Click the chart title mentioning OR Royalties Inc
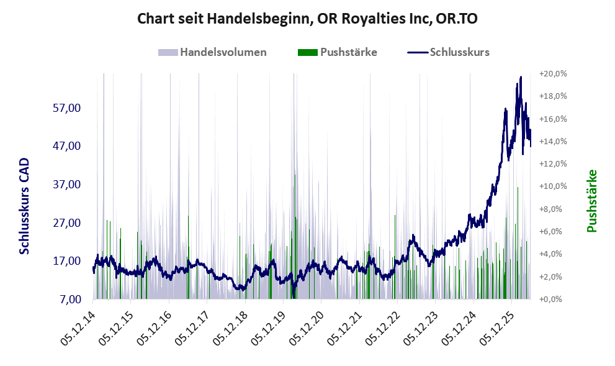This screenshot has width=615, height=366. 307,19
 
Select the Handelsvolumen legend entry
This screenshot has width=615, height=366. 212,52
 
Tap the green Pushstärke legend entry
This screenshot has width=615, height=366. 338,52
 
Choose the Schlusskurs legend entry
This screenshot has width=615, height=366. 448,52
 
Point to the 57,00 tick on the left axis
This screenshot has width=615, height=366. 66,108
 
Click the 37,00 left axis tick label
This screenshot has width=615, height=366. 66,184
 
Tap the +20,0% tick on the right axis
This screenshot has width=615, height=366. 553,74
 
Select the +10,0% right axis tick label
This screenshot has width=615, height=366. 553,186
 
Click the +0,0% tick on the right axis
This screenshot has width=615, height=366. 550,300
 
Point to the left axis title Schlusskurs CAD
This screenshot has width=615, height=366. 24,206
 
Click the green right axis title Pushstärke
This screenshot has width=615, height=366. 592,201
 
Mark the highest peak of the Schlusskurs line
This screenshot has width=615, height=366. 521,77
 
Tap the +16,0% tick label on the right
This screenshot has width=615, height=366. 553,119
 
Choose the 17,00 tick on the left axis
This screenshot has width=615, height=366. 66,261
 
